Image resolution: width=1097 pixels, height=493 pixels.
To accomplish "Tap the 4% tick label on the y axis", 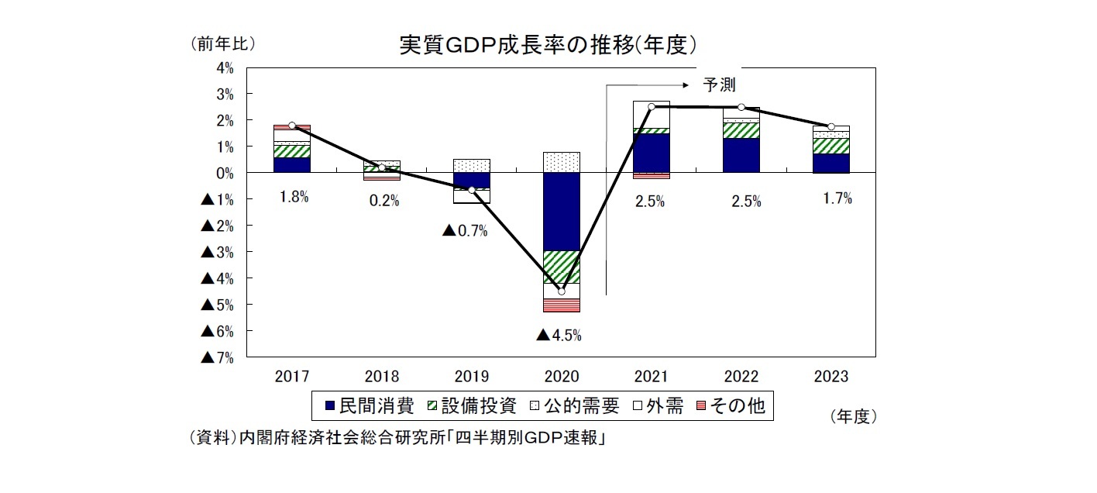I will click(x=225, y=68).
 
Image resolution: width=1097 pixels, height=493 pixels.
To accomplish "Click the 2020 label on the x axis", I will click(x=562, y=377).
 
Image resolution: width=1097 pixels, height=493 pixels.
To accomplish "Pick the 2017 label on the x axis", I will click(x=292, y=377).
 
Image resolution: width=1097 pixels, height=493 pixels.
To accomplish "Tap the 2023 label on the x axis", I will click(x=831, y=377).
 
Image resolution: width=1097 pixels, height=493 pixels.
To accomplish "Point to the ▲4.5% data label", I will click(x=559, y=336).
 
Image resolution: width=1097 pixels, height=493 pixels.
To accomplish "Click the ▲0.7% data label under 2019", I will click(x=465, y=231).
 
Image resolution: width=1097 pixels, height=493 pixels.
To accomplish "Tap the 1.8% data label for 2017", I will click(x=294, y=198).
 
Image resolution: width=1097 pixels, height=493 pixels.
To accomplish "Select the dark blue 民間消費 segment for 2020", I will click(x=562, y=212).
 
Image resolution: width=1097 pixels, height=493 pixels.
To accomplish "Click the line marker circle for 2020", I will click(x=562, y=291).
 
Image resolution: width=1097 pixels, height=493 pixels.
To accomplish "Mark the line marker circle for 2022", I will click(x=741, y=107).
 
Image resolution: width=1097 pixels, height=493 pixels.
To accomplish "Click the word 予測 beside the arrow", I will click(x=719, y=84).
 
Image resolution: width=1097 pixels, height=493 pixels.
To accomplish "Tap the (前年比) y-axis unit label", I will click(x=222, y=44).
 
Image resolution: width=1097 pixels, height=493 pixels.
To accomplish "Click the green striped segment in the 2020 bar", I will click(x=562, y=267).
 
